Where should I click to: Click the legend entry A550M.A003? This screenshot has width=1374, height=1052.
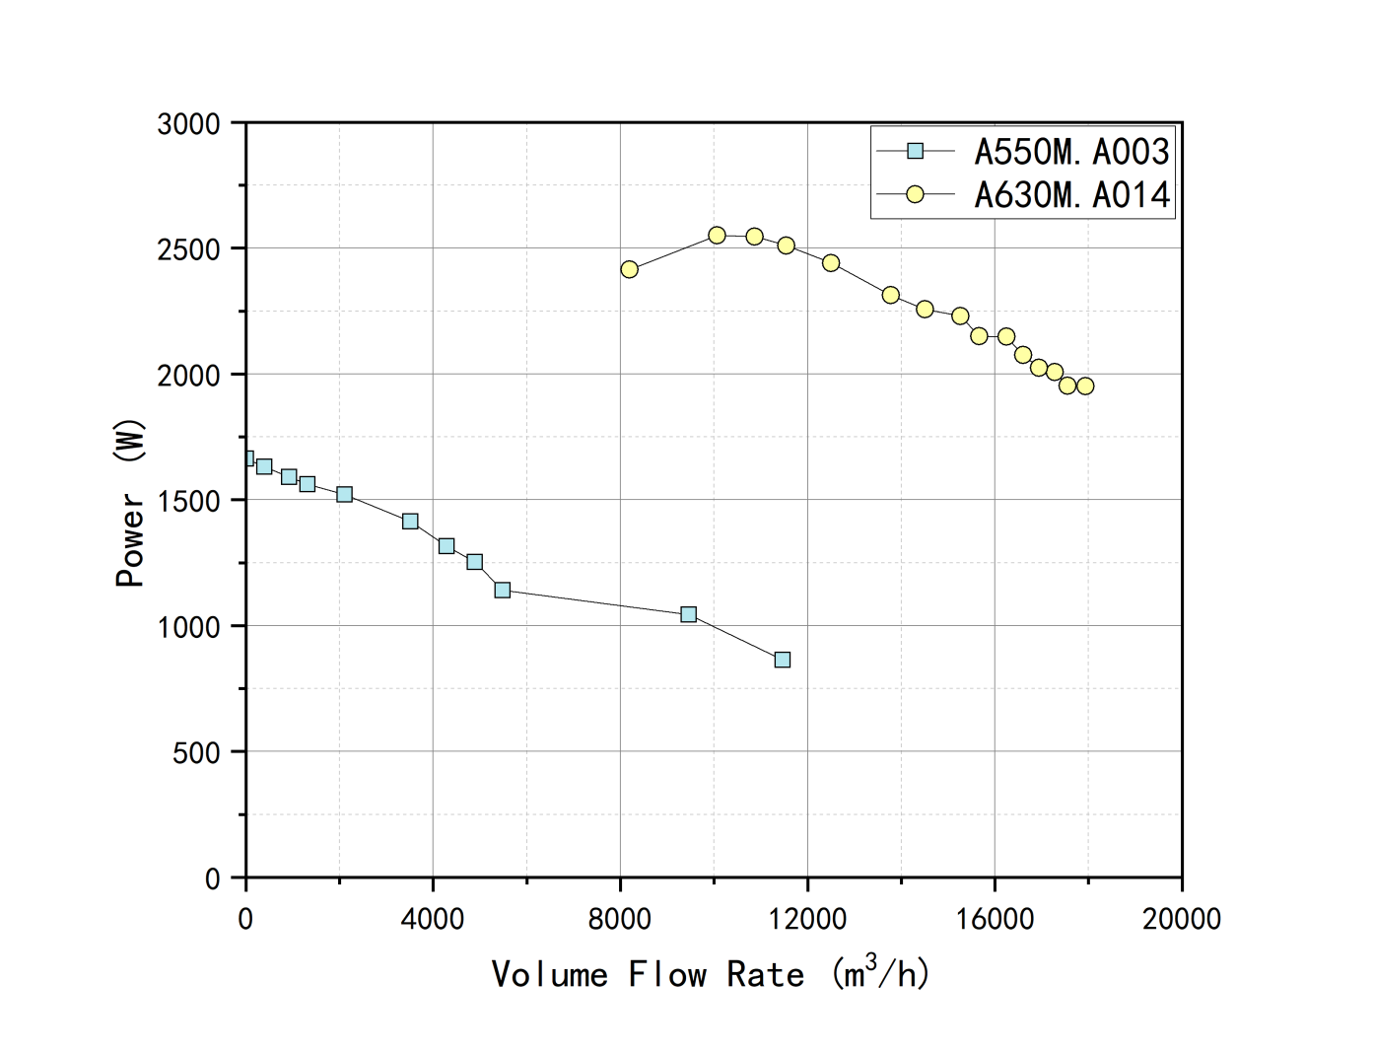(x=1071, y=152)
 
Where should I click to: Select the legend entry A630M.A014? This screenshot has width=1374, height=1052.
(x=1072, y=195)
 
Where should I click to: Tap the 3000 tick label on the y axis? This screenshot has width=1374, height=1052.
(x=188, y=124)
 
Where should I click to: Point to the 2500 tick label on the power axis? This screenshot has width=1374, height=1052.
(x=188, y=249)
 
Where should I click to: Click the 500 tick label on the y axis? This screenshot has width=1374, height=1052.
(x=196, y=752)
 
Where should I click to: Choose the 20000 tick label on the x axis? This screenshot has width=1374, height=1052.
(x=1181, y=919)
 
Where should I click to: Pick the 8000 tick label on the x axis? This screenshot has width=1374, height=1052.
(x=620, y=919)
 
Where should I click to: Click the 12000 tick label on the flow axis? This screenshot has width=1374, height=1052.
(x=807, y=919)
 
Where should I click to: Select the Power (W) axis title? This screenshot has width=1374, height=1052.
(x=129, y=503)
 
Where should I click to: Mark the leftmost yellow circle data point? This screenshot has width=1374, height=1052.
(x=629, y=269)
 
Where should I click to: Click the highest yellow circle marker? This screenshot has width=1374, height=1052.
(x=717, y=236)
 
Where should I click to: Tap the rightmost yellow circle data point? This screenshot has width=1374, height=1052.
(x=1085, y=386)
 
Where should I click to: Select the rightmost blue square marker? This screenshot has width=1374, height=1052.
(x=782, y=660)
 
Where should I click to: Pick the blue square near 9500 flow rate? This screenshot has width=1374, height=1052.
(x=688, y=614)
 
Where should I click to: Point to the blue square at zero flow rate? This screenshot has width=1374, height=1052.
(x=247, y=458)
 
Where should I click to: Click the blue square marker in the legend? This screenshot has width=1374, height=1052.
(x=915, y=151)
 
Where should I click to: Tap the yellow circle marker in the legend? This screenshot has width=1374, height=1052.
(x=915, y=194)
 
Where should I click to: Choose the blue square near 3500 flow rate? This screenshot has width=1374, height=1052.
(x=410, y=521)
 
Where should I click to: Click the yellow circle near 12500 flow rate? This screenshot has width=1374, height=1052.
(x=831, y=263)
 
